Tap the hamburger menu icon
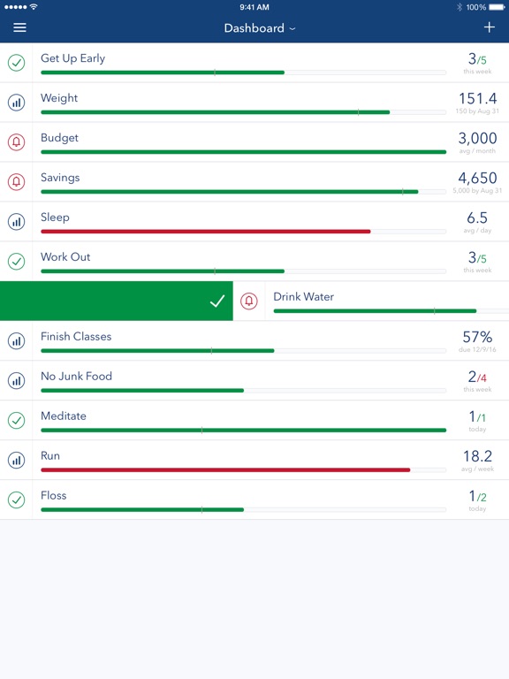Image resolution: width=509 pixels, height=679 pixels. pyautogui.click(x=20, y=27)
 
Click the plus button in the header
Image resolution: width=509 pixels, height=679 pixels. pyautogui.click(x=489, y=27)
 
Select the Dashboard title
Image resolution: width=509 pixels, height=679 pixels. pyautogui.click(x=254, y=28)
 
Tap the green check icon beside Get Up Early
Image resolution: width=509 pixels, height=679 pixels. pyautogui.click(x=17, y=63)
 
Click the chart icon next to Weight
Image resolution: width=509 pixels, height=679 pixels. pyautogui.click(x=17, y=103)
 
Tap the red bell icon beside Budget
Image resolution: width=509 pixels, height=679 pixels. pyautogui.click(x=17, y=142)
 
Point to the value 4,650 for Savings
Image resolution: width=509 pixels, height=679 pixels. pyautogui.click(x=477, y=178)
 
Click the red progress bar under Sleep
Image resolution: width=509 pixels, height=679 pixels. pyautogui.click(x=206, y=232)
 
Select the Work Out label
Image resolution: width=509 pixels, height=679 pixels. pyautogui.click(x=65, y=256)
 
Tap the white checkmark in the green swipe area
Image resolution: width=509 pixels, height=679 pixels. pyautogui.click(x=217, y=301)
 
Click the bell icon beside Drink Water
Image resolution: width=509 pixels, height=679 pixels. pyautogui.click(x=249, y=301)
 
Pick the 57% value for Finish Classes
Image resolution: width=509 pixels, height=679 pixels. pyautogui.click(x=477, y=337)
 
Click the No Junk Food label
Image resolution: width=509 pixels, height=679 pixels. pyautogui.click(x=76, y=376)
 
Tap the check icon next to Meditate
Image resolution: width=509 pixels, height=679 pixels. pyautogui.click(x=17, y=421)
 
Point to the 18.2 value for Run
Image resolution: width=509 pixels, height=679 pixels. pyautogui.click(x=477, y=456)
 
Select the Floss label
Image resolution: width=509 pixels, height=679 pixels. pyautogui.click(x=54, y=495)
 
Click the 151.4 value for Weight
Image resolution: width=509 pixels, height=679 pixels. pyautogui.click(x=477, y=99)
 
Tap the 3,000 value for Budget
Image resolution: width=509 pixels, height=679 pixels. pyautogui.click(x=477, y=139)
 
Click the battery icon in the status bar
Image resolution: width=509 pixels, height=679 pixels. pyautogui.click(x=497, y=7)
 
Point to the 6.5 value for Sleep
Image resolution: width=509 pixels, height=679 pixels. pyautogui.click(x=477, y=217)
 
